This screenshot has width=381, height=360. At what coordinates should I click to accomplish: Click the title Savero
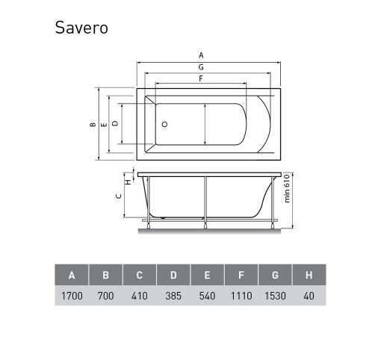point(81,28)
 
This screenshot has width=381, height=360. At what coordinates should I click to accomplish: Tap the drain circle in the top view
point(164,124)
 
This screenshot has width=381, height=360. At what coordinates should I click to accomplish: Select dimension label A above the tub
point(201,55)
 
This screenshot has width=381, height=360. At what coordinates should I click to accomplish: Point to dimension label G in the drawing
point(201,67)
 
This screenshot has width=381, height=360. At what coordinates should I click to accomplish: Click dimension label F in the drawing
point(201,78)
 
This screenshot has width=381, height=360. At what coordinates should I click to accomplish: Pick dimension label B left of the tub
point(93,124)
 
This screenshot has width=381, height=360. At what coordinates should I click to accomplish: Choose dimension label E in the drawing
point(104,124)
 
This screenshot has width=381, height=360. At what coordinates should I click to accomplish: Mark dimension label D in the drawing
point(115,123)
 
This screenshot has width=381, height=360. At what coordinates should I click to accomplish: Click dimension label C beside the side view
point(119,196)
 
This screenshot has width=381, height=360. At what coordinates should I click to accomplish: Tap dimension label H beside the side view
point(128,182)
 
